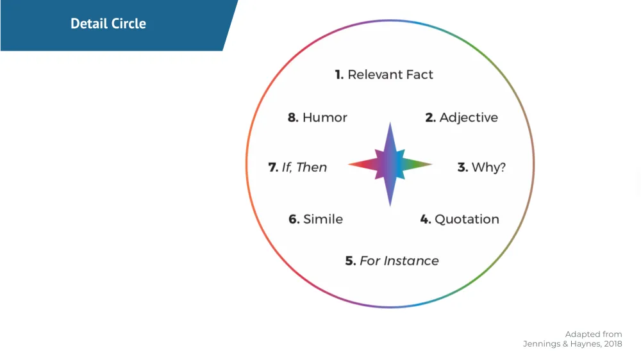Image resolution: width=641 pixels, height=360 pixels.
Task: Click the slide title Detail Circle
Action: click(x=108, y=24)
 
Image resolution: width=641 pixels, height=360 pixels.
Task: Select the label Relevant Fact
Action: click(x=390, y=75)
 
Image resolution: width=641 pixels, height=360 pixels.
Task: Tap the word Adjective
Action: click(x=469, y=117)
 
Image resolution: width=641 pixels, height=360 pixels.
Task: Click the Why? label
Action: click(x=488, y=168)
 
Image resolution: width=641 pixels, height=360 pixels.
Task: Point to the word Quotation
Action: click(x=467, y=219)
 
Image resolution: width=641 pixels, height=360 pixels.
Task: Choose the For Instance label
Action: click(x=399, y=261)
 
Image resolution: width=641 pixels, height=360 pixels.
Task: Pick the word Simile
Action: click(x=322, y=219)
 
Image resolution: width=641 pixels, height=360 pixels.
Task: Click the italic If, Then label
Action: click(x=304, y=167)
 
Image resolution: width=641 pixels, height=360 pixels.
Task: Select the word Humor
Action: click(x=324, y=117)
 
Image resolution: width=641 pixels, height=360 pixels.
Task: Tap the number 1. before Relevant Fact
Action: click(x=340, y=75)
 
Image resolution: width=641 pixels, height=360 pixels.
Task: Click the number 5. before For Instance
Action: click(x=351, y=261)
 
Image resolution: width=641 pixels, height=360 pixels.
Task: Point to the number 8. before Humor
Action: click(x=293, y=117)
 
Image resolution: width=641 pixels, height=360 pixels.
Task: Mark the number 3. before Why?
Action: click(x=462, y=168)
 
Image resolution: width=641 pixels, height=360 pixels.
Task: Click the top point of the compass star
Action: click(x=390, y=127)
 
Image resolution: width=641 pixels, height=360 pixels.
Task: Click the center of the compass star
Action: click(x=390, y=165)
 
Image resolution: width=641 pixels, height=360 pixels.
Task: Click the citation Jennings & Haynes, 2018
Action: click(x=572, y=345)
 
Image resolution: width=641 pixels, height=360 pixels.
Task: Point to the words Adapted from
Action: click(x=593, y=334)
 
